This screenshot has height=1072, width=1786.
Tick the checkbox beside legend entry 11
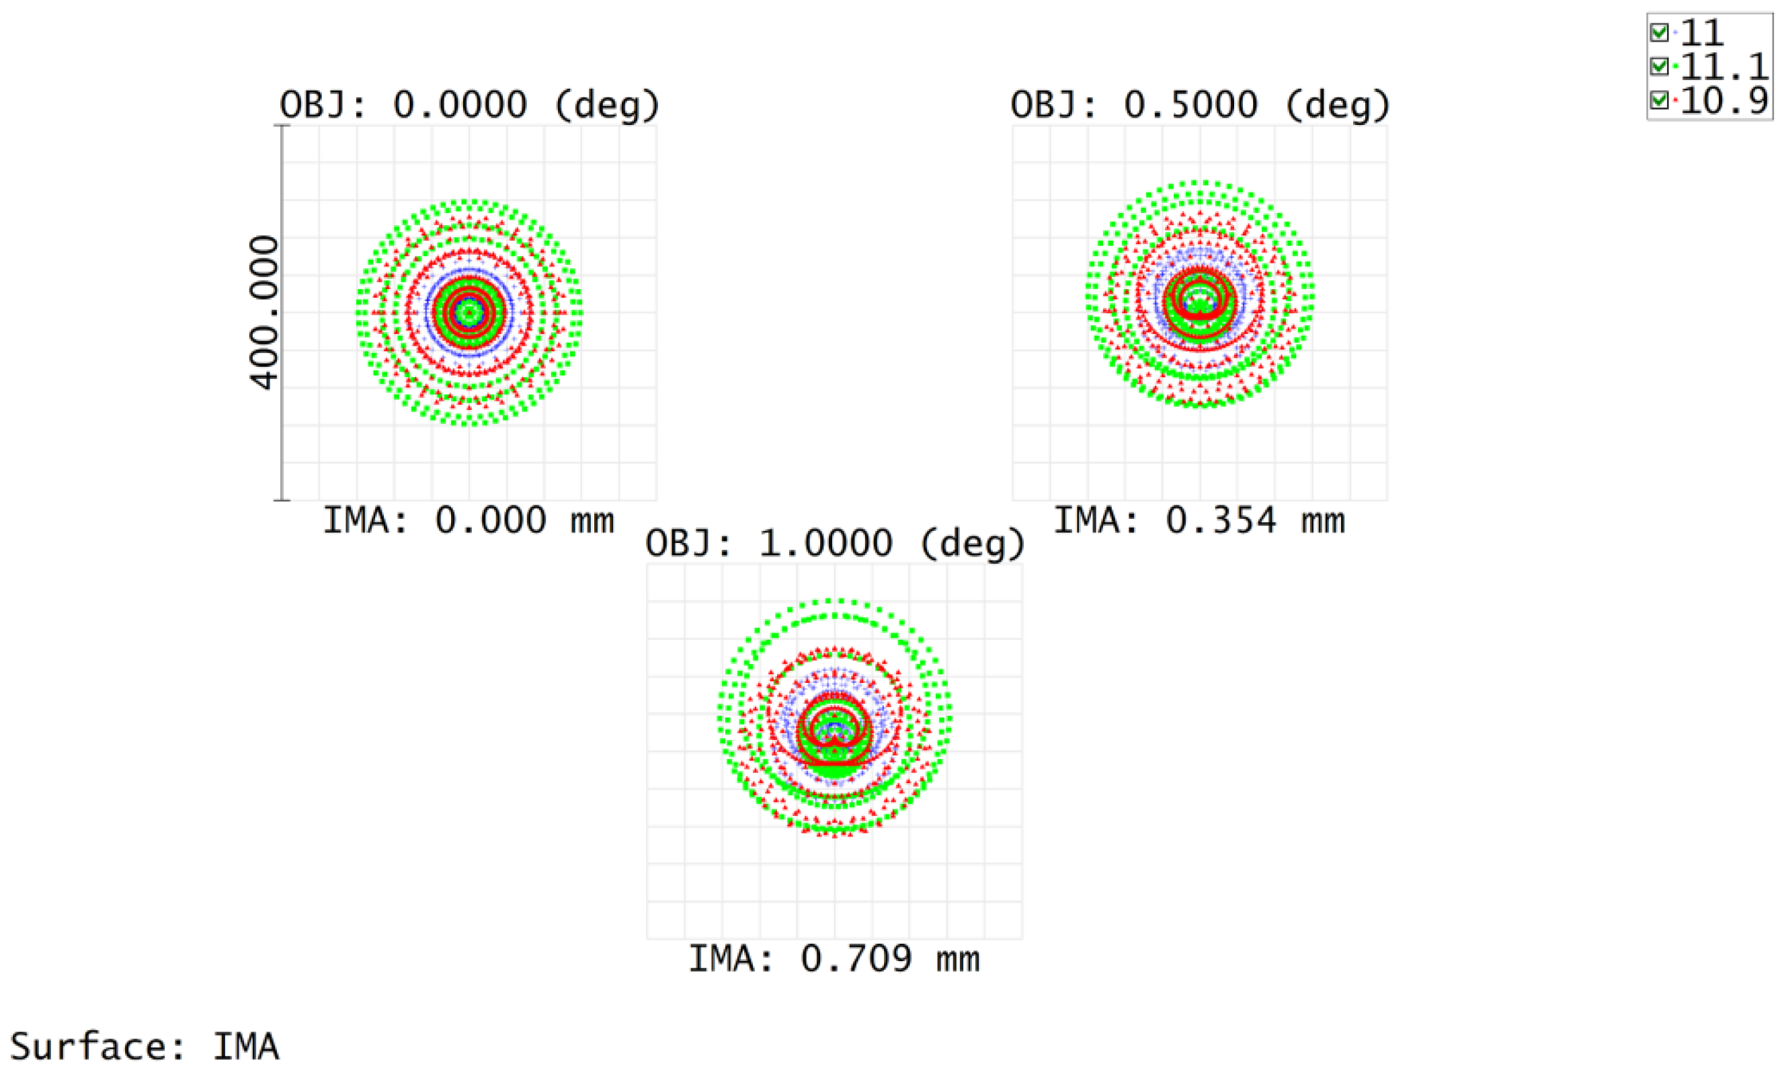pyautogui.click(x=1659, y=32)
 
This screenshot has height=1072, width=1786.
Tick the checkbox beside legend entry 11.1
pyautogui.click(x=1659, y=67)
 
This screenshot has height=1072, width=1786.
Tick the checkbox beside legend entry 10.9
pyautogui.click(x=1659, y=100)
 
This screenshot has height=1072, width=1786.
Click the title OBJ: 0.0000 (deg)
pyautogui.click(x=470, y=106)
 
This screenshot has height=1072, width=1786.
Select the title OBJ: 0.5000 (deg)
pyautogui.click(x=1200, y=106)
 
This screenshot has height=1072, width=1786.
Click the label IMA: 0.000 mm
pyautogui.click(x=468, y=521)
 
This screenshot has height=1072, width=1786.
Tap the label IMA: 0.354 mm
pyautogui.click(x=1199, y=521)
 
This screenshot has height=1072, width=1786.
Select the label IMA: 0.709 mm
pyautogui.click(x=834, y=959)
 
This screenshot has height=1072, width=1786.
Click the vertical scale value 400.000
pyautogui.click(x=263, y=313)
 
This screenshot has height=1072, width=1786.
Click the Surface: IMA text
pyautogui.click(x=145, y=1046)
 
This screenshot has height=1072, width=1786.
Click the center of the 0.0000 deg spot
pyautogui.click(x=470, y=313)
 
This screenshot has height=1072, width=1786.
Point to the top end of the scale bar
pyautogui.click(x=282, y=126)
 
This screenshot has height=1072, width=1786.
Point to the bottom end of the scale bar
pyautogui.click(x=282, y=500)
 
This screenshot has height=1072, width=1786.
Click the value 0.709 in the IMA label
pyautogui.click(x=856, y=959)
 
